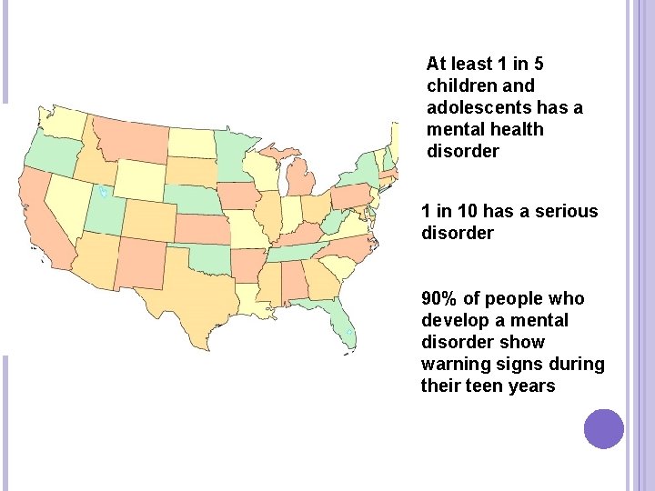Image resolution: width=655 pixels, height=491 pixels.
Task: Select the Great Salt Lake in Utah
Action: [x=104, y=192]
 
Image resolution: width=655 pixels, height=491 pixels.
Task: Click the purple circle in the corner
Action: [x=603, y=428]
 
